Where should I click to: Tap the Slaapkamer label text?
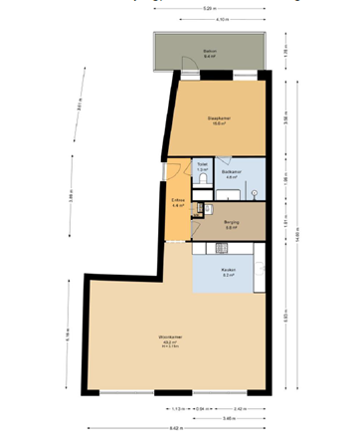point(220,117)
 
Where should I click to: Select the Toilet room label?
point(202,163)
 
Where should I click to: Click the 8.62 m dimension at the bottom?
point(176,429)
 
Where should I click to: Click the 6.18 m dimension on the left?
point(67,335)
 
